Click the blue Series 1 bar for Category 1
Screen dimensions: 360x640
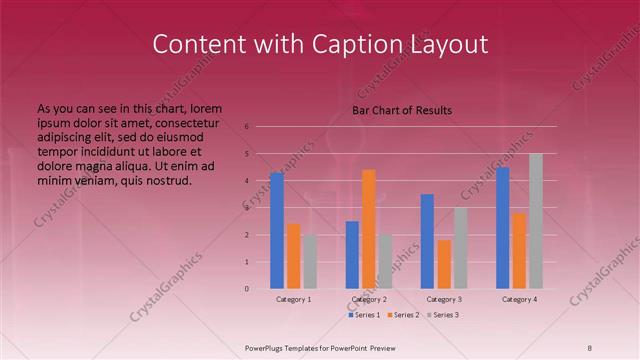(277, 231)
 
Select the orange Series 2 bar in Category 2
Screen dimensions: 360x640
(369, 229)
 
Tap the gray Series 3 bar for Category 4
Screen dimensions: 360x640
(536, 221)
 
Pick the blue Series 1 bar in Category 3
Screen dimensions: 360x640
(427, 241)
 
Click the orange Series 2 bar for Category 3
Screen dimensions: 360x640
(444, 264)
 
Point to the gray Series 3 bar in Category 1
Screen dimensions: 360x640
(310, 262)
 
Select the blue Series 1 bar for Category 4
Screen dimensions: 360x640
(503, 228)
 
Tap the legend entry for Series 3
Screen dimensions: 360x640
(445, 315)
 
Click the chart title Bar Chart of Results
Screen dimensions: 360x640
(402, 110)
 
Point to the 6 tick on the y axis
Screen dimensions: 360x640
(246, 127)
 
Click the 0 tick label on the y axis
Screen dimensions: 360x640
(246, 289)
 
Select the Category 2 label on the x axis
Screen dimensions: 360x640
(369, 299)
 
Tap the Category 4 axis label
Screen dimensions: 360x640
(519, 299)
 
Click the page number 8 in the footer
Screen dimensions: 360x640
(589, 347)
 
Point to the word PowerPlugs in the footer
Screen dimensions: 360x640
(268, 347)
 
